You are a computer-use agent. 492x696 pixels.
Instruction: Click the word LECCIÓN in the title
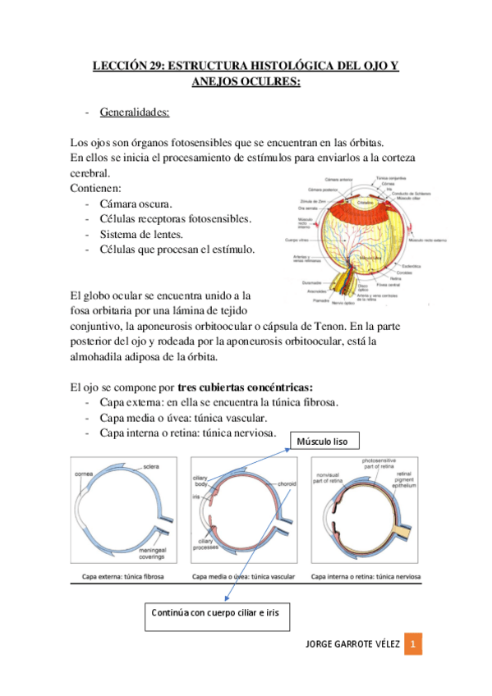click(x=122, y=65)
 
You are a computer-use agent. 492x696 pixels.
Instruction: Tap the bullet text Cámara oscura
click(x=136, y=204)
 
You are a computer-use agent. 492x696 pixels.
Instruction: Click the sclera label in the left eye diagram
click(x=150, y=467)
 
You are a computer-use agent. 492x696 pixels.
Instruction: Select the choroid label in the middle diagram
click(x=287, y=483)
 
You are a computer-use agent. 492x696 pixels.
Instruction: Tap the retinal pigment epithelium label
click(x=401, y=479)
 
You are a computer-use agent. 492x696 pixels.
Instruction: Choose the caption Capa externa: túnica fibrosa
click(x=122, y=578)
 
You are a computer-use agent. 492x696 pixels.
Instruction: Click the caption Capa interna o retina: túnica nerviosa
click(x=366, y=578)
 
